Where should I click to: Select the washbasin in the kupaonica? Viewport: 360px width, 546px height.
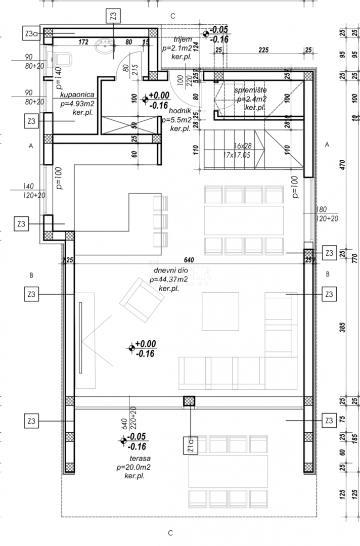pyautogui.click(x=106, y=49)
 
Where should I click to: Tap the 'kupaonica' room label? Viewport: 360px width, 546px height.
pyautogui.click(x=76, y=95)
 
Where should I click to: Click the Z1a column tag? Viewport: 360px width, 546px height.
pyautogui.click(x=190, y=444)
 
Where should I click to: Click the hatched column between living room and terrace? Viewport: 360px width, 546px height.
pyautogui.click(x=189, y=401)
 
